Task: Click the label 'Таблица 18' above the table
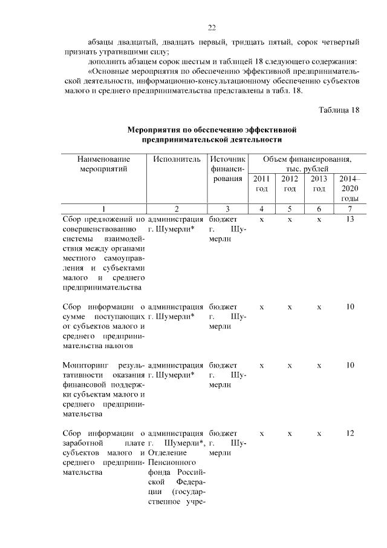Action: [339, 110]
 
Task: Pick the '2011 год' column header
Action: [261, 183]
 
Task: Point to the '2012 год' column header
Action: [290, 183]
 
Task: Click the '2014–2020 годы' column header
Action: [349, 188]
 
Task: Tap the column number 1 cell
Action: [103, 209]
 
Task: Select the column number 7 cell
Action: [349, 209]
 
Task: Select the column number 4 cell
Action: [261, 209]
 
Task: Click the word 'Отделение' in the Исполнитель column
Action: [166, 452]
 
